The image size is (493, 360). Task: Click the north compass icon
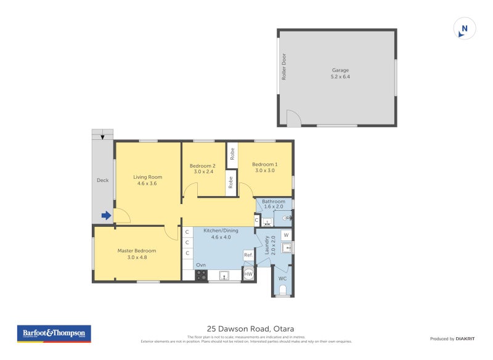(465, 28)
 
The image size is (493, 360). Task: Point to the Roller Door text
(284, 67)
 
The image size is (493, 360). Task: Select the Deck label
(102, 181)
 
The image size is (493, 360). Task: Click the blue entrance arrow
(106, 216)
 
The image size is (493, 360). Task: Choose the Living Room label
(147, 177)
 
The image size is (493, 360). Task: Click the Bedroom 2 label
(202, 166)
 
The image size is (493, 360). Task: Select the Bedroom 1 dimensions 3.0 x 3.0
(264, 171)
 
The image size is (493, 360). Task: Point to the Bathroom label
(274, 202)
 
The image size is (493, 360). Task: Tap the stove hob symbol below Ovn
(202, 275)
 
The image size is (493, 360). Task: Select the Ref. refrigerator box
(248, 255)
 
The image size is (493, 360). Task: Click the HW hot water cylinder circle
(249, 274)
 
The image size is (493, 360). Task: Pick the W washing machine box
(286, 235)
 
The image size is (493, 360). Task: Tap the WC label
(282, 279)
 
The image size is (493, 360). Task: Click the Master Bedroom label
(137, 251)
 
